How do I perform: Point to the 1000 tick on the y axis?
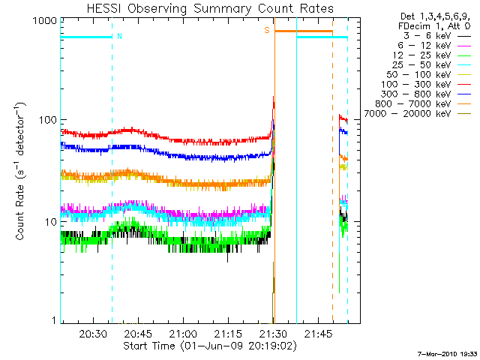click(42, 22)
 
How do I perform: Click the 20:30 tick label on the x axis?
click(92, 334)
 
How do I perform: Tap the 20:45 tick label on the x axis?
click(138, 334)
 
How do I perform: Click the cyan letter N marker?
click(119, 35)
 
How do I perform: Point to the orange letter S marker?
click(266, 31)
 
